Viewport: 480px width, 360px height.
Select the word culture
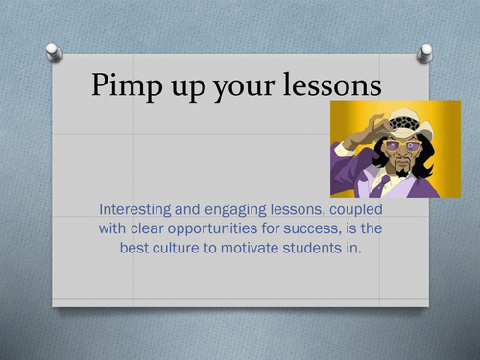(x=204, y=249)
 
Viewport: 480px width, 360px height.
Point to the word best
(x=156, y=249)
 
